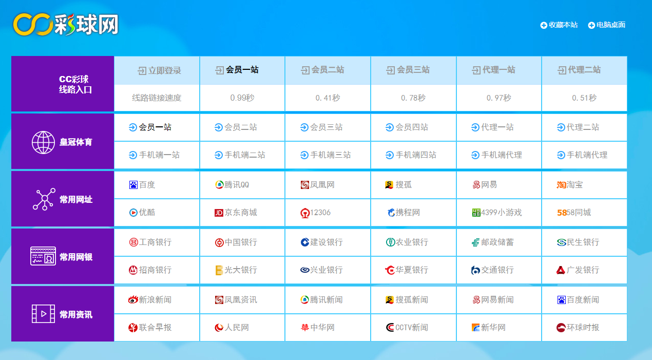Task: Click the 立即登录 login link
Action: [159, 70]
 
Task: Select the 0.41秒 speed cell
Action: [328, 98]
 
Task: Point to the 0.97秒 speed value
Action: [498, 98]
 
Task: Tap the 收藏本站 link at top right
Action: [559, 25]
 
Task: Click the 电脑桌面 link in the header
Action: [607, 25]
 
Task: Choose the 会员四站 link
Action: [407, 127]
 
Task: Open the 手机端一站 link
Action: [154, 155]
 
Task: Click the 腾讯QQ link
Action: [232, 185]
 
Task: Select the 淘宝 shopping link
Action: [570, 185]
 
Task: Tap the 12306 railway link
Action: [315, 213]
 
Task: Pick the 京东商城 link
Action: [236, 213]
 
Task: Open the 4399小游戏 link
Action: [497, 213]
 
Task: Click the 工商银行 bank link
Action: [150, 242]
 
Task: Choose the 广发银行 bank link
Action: [578, 270]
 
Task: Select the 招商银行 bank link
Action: [150, 270]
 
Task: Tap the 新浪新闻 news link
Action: [150, 300]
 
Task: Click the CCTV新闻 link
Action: [407, 328]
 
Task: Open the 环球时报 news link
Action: [578, 328]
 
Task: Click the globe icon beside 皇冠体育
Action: [43, 142]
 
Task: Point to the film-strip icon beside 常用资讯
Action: [43, 314]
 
